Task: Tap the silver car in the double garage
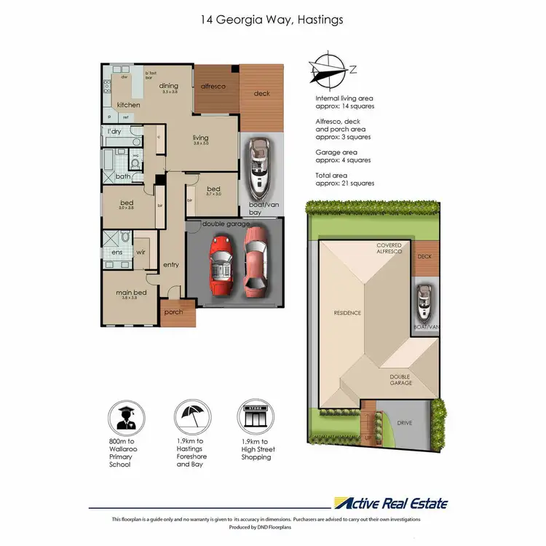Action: coord(255,261)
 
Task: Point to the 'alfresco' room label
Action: coord(213,87)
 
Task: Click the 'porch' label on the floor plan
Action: coord(174,312)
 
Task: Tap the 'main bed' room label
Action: coord(131,293)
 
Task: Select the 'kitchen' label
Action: coord(128,105)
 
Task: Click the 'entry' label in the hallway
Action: coord(171,264)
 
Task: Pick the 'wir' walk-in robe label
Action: coord(141,252)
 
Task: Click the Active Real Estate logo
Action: coord(390,503)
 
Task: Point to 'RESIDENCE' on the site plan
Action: coord(347,313)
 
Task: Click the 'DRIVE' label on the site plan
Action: coord(404,422)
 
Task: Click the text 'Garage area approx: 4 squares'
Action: coord(343,156)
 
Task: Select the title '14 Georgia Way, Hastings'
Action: coord(272,20)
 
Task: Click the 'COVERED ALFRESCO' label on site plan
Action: coord(389,248)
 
